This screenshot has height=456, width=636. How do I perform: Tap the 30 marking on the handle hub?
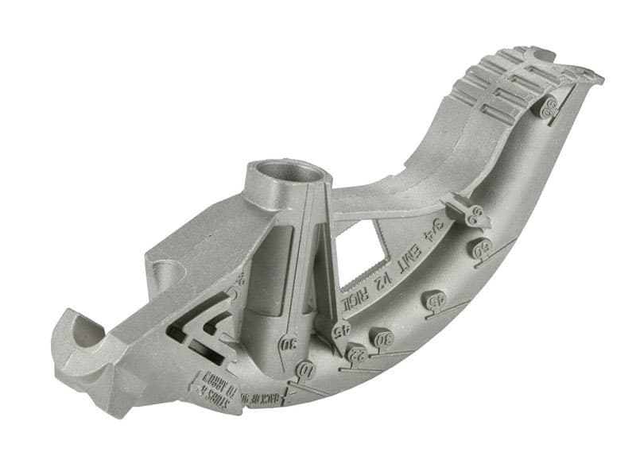(288, 344)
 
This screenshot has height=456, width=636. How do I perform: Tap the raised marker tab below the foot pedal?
(548, 107)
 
